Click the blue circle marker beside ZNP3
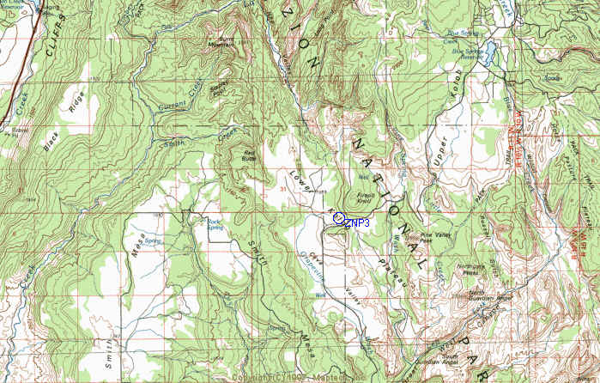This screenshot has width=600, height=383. click(x=339, y=218)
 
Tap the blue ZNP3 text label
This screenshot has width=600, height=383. click(x=358, y=223)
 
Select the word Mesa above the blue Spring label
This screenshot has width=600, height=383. click(x=136, y=231)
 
